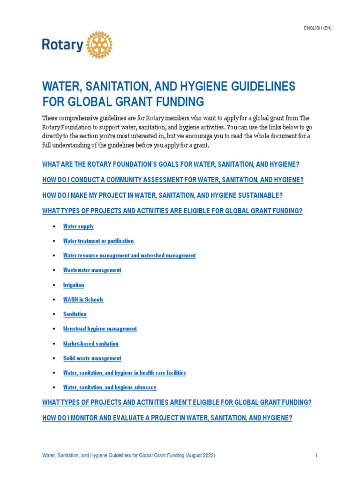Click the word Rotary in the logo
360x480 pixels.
click(63, 45)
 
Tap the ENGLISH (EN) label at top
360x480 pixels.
click(318, 28)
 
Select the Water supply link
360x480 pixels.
click(78, 226)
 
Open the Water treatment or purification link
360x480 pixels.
click(98, 241)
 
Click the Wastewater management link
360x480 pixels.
click(92, 270)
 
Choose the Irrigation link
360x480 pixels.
click(74, 285)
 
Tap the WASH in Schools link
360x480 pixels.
click(83, 300)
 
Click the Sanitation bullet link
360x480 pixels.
click(75, 314)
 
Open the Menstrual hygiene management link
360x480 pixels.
click(100, 329)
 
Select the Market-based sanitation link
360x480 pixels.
click(91, 344)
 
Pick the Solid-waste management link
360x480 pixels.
click(92, 358)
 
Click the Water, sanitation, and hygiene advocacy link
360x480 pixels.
click(110, 388)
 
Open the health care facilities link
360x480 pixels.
click(125, 373)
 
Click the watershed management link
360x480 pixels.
click(129, 255)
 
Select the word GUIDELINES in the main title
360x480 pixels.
click(248, 86)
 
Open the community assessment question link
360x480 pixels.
click(173, 180)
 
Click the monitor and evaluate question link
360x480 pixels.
click(167, 418)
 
